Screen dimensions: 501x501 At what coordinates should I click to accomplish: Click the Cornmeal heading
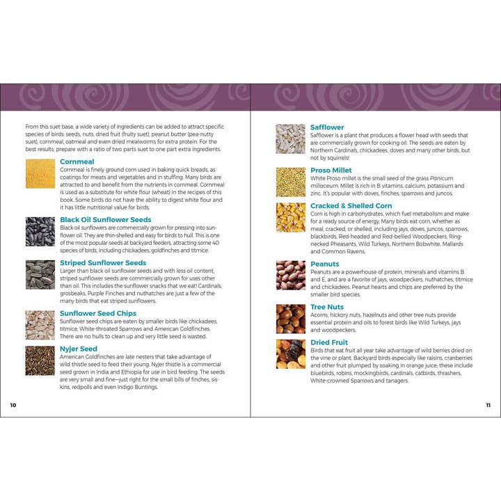pyautogui.click(x=77, y=161)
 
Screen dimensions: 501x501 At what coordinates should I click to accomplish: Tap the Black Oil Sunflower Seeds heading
pyautogui.click(x=105, y=220)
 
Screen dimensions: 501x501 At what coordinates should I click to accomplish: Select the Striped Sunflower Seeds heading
pyautogui.click(x=103, y=263)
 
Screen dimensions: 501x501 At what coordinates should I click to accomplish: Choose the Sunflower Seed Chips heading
pyautogui.click(x=98, y=313)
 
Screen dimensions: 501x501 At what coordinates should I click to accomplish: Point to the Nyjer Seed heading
pyautogui.click(x=79, y=349)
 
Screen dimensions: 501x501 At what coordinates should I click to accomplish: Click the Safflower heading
pyautogui.click(x=327, y=127)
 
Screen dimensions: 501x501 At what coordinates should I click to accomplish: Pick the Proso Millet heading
pyautogui.click(x=331, y=170)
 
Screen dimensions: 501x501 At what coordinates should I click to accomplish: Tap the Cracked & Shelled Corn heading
pyautogui.click(x=351, y=206)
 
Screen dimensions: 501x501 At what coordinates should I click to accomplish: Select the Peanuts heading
pyautogui.click(x=325, y=264)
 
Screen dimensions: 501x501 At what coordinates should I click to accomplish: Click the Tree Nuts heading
pyautogui.click(x=328, y=307)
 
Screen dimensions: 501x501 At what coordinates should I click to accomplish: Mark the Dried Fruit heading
pyautogui.click(x=330, y=342)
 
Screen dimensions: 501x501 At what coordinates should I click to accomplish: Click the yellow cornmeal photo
pyautogui.click(x=40, y=173)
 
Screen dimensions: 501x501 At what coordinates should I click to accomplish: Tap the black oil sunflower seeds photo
pyautogui.click(x=40, y=231)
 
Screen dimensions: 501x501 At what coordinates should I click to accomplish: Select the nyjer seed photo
pyautogui.click(x=40, y=360)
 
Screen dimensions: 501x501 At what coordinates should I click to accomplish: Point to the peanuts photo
pyautogui.click(x=290, y=275)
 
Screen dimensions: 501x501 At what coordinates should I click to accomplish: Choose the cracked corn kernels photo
pyautogui.click(x=290, y=217)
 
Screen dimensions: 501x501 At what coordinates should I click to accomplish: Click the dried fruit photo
pyautogui.click(x=290, y=353)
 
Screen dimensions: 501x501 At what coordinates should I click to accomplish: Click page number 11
pyautogui.click(x=488, y=405)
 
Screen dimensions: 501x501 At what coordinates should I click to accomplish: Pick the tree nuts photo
pyautogui.click(x=290, y=318)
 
